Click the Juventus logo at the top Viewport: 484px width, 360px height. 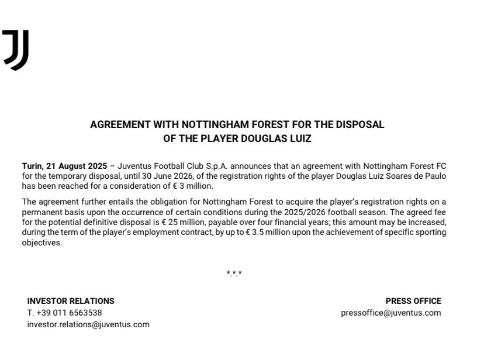(x=16, y=50)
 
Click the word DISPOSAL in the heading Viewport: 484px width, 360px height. (x=362, y=124)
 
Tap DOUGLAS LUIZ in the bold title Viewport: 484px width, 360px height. (x=278, y=139)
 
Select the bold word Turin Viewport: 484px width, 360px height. (x=33, y=167)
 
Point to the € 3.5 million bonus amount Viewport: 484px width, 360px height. (x=262, y=232)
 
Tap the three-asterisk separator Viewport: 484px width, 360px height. (x=234, y=273)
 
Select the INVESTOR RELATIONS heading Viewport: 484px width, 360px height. (x=71, y=301)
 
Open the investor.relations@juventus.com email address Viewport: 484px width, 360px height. (x=88, y=324)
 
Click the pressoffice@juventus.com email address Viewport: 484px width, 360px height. (x=391, y=313)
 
